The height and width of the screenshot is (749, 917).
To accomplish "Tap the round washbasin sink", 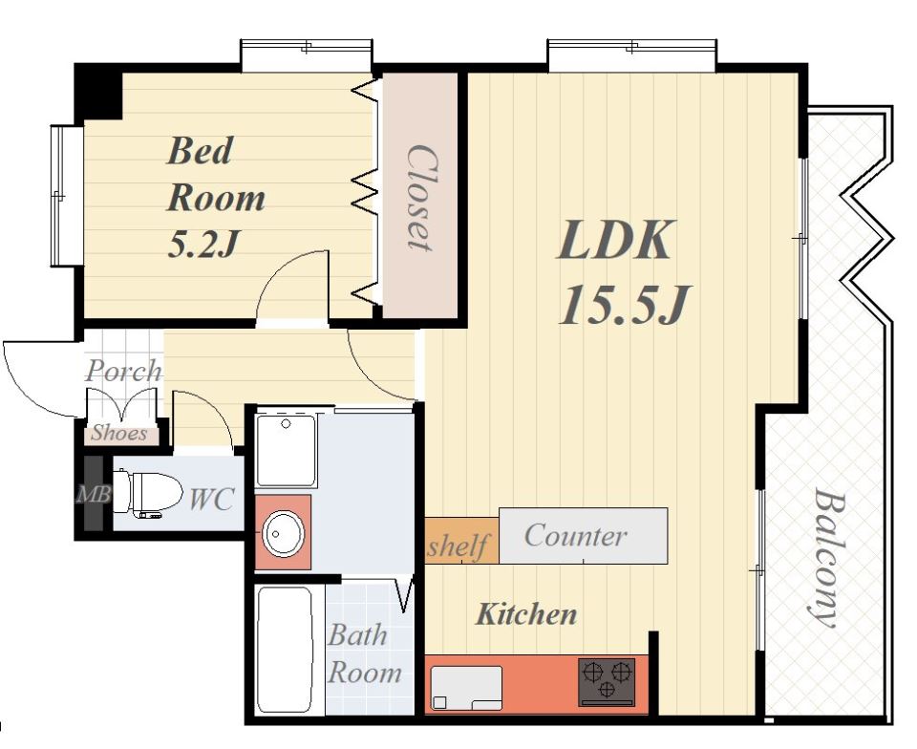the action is (x=283, y=533).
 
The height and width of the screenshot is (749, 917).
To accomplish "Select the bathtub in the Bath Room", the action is (x=285, y=649).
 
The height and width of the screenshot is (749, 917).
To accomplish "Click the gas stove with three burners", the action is (x=607, y=681).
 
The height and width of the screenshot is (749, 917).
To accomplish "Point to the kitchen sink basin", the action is (x=466, y=688).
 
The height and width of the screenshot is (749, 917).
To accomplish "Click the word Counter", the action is (x=575, y=535).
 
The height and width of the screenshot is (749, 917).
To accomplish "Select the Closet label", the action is (x=420, y=198).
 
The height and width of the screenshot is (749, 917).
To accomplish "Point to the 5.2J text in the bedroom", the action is (x=203, y=244).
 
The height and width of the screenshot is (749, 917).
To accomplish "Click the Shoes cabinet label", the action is (x=119, y=434).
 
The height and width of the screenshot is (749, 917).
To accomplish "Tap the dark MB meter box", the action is (x=94, y=494).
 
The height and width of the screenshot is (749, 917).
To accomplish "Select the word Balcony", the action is (x=829, y=558).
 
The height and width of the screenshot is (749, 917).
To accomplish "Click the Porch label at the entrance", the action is (x=123, y=371).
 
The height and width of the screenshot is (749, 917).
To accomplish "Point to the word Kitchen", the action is (x=526, y=614).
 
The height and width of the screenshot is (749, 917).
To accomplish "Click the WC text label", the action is (x=211, y=499).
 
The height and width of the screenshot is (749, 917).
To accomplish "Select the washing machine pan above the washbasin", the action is (x=287, y=450).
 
